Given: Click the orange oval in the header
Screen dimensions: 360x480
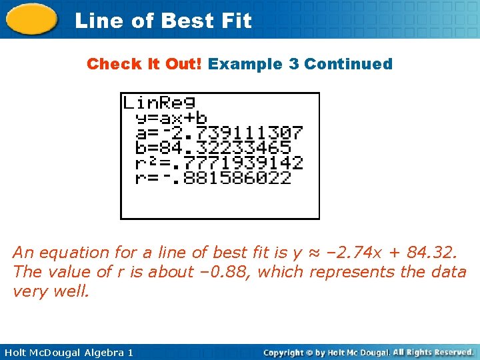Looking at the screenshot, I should point(31,19).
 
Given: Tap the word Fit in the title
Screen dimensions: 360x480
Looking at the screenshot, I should point(237,21).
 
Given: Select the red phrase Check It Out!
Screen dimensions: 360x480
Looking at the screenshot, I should point(145,64).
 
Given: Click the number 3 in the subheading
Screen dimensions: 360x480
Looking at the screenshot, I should point(293,64).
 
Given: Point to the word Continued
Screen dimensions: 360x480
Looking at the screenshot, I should point(348,64).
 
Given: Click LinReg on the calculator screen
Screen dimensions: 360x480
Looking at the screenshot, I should point(159,103).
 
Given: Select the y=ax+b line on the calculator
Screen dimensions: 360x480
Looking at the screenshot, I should point(171,118).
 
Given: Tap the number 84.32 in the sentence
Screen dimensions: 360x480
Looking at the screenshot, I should point(433,253).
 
